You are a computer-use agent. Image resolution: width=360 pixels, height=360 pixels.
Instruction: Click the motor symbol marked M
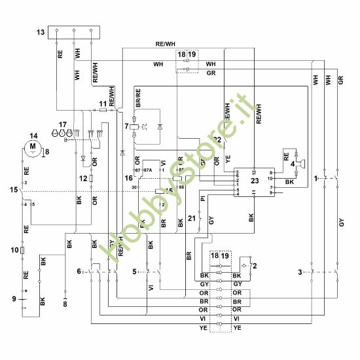pos(29,149)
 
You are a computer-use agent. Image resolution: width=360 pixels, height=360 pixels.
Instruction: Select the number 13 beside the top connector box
pos(41,32)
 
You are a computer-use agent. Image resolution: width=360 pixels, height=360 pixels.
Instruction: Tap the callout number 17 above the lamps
pos(63,124)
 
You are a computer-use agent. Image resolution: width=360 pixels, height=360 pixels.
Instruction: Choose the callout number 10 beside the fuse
pos(13,249)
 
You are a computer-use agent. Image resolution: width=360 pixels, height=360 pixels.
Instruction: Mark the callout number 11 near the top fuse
pos(102,104)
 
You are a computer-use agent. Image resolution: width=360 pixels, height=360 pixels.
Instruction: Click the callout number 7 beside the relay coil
pos(126,125)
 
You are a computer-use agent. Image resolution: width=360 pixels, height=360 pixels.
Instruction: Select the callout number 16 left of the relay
pos(129,177)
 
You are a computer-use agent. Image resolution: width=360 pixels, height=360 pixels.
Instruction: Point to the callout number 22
pos(217,139)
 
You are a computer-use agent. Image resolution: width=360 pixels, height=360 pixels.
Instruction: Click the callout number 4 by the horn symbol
pos(293,164)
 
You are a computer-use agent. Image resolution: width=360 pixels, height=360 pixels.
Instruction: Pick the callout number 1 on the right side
pos(315,178)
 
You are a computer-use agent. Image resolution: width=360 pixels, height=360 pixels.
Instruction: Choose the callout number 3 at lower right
pos(300,271)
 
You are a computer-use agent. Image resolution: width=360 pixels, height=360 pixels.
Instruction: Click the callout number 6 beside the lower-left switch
pos(79,270)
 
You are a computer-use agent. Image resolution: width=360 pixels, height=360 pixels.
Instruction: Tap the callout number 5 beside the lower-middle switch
pos(135,270)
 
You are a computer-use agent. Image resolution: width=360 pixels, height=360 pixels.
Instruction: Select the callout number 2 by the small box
pos(254,266)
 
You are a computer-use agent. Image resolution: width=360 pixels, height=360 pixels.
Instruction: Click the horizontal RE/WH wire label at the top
pos(165,43)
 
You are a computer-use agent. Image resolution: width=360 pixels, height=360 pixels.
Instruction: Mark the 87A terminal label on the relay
pos(148,170)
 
